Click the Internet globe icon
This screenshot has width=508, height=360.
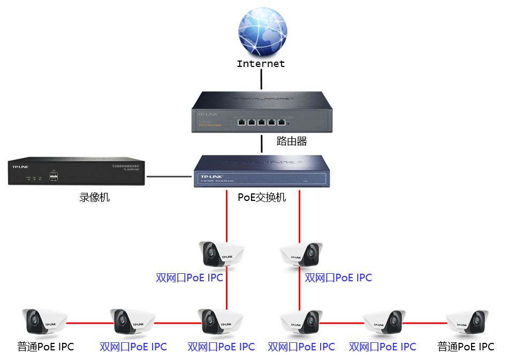point(262,32)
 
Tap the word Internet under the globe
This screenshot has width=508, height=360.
point(261,64)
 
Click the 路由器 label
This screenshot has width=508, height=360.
point(292,141)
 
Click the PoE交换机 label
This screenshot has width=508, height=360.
point(262,197)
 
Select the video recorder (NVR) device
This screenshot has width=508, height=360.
point(77,171)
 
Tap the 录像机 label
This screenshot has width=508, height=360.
point(95,197)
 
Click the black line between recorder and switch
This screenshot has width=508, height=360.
point(170,176)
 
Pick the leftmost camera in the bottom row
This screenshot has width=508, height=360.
point(44,322)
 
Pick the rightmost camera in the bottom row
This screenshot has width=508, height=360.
point(467,322)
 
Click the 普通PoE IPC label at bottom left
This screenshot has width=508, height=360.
point(46,347)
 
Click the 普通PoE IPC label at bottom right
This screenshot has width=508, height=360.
point(466,347)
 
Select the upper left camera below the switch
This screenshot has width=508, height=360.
point(221,254)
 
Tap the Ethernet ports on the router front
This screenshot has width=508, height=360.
point(261,123)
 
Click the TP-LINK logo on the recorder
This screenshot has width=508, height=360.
point(20,167)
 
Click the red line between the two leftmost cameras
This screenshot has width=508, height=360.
point(89,323)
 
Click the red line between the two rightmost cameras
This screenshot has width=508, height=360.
point(424,323)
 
